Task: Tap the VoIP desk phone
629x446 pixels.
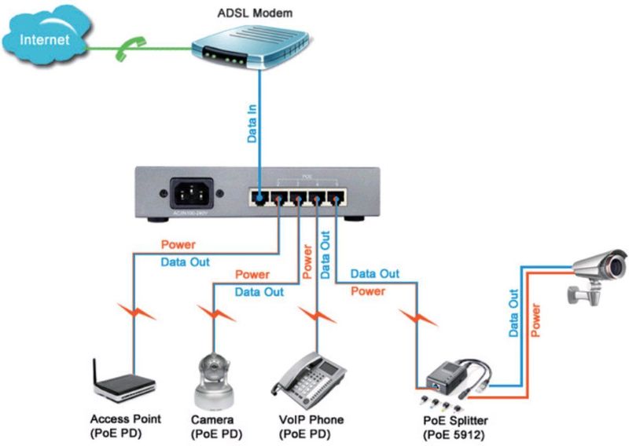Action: [x=310, y=377]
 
